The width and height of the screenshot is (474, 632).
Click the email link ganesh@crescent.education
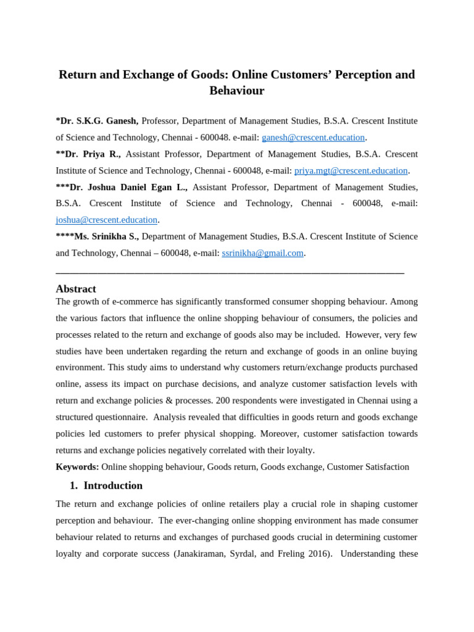313,138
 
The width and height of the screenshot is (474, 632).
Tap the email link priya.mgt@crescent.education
351,171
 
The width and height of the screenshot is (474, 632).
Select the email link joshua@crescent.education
106,220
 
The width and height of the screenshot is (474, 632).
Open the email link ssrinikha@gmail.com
262,253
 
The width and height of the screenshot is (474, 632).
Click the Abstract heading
76,289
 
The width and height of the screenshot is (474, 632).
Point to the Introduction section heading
113,486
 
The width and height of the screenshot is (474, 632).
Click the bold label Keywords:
77,467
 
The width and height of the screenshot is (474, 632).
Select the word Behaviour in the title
236,91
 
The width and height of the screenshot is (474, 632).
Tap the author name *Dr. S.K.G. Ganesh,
97,121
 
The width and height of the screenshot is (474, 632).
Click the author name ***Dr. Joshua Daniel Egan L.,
122,187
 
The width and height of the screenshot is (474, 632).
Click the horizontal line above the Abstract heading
230,272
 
